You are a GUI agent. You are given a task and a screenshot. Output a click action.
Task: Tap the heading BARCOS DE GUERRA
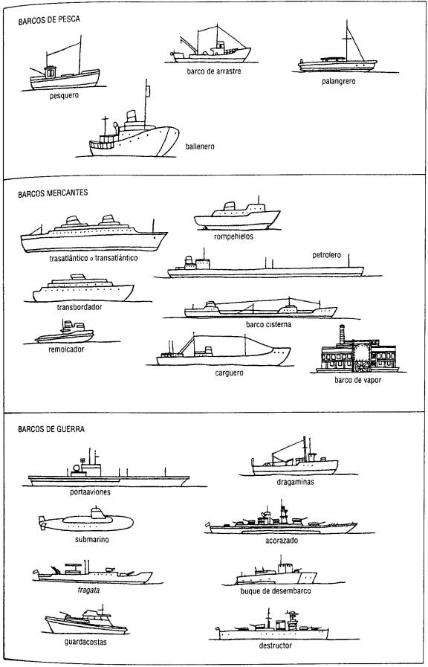(x=51, y=429)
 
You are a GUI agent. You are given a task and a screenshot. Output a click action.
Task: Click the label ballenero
(x=200, y=146)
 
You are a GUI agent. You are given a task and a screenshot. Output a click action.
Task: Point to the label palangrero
(x=338, y=81)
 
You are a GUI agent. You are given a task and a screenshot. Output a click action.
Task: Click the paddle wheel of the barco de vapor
(x=362, y=367)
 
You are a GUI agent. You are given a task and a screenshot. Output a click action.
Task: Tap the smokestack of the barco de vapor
(x=342, y=335)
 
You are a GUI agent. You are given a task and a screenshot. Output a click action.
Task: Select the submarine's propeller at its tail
(x=42, y=523)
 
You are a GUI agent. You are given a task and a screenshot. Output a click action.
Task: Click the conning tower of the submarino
(x=97, y=512)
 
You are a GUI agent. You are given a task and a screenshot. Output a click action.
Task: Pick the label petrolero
(x=326, y=255)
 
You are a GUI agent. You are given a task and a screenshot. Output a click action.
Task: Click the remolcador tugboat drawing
(x=65, y=332)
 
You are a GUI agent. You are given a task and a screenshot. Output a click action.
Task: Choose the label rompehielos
(x=233, y=236)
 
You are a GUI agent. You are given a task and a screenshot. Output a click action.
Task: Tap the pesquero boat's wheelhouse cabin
(x=50, y=72)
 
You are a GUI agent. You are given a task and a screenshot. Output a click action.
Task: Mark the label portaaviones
(x=90, y=492)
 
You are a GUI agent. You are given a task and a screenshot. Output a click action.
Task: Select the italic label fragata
(x=89, y=590)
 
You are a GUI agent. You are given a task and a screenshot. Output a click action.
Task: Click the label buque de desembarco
(x=276, y=591)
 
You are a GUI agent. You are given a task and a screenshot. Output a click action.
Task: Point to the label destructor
(x=276, y=645)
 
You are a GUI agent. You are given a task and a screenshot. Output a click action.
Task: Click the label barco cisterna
(x=269, y=324)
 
